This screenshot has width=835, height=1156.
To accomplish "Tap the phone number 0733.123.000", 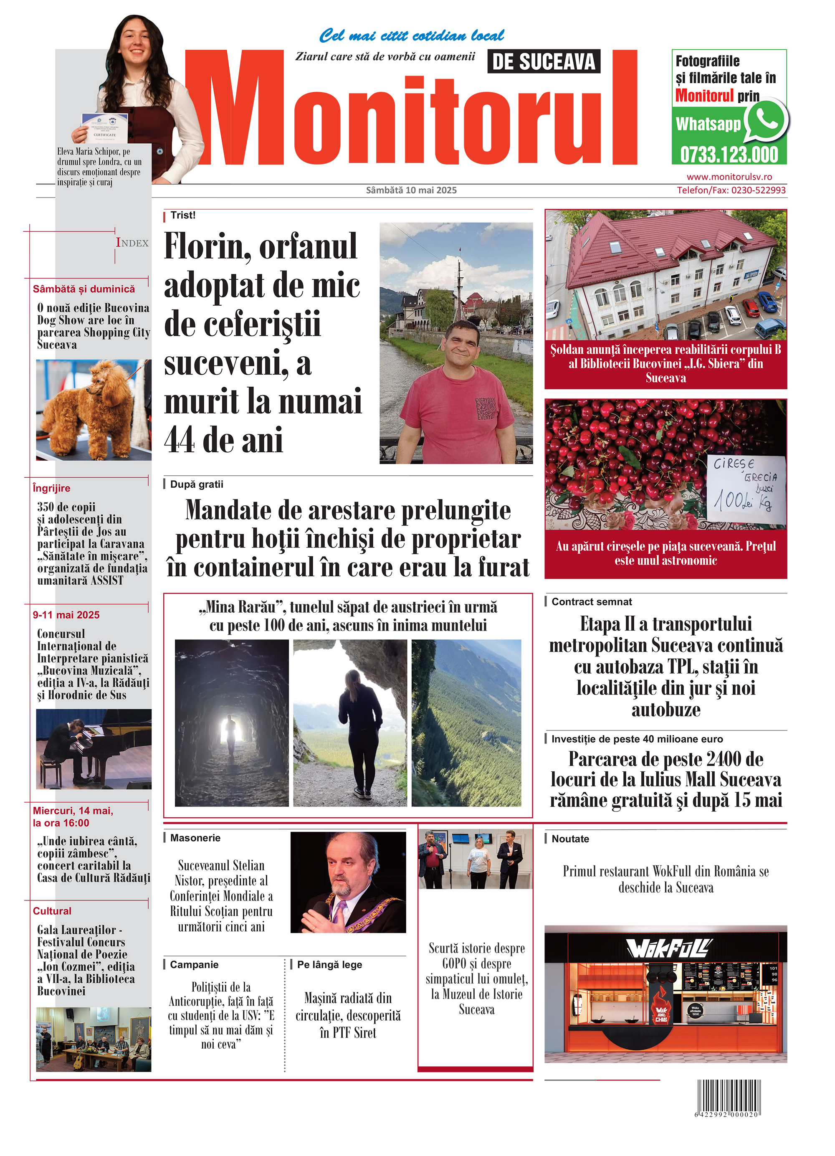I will point(729,155).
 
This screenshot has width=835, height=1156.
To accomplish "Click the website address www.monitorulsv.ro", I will point(729,177).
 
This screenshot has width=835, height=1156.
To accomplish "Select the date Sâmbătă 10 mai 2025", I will point(411,190).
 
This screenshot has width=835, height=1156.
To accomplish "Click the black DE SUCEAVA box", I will point(544,62).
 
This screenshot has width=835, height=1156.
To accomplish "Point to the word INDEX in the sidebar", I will point(132,243).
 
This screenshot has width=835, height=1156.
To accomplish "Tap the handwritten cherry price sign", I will point(745,488).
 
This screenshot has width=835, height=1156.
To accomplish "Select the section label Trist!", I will point(183,215).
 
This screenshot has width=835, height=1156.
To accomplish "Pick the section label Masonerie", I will point(195,838).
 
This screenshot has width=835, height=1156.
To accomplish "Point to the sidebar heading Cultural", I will point(52,911).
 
